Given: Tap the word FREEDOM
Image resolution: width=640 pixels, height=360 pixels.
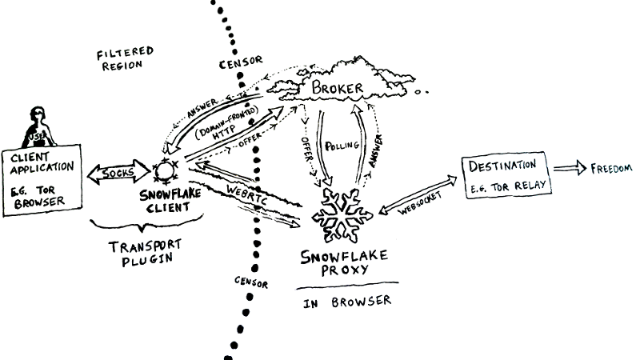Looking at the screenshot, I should click(x=611, y=169).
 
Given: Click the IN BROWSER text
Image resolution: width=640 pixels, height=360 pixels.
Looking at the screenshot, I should click(x=348, y=302).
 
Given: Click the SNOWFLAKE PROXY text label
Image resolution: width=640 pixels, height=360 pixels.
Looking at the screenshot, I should click(x=344, y=264).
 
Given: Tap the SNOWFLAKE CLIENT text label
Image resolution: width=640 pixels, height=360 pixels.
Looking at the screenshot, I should click(x=170, y=200).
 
